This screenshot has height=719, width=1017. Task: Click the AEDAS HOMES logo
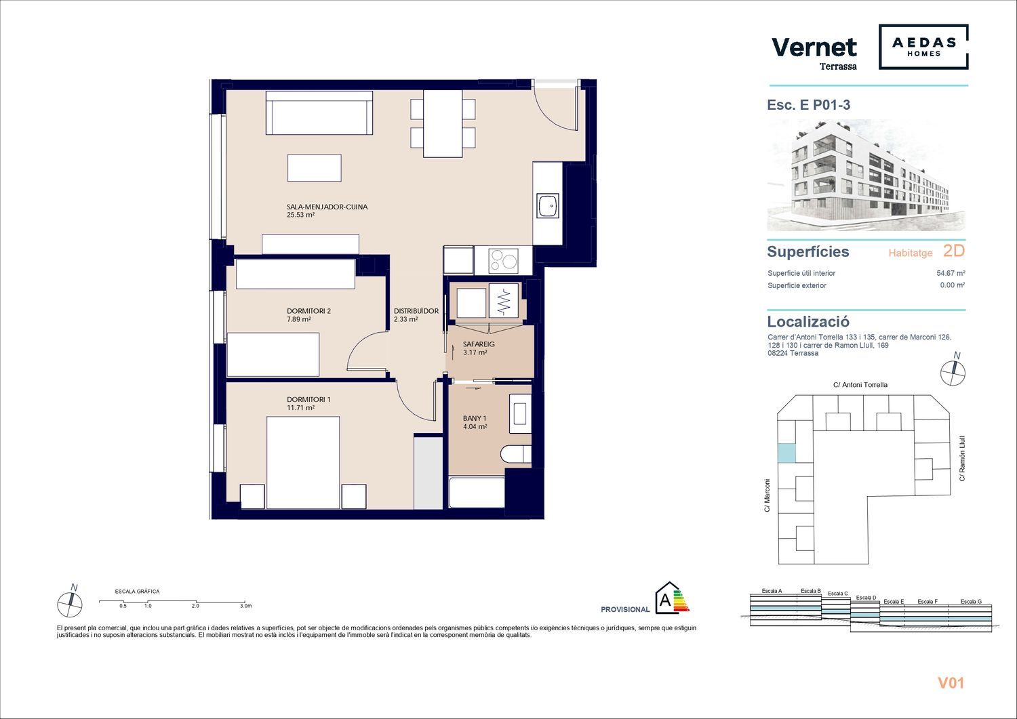click(x=923, y=47)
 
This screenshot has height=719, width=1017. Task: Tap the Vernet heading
click(x=814, y=47)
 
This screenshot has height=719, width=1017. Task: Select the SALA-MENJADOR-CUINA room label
click(x=327, y=207)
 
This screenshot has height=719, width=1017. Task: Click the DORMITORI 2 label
click(x=308, y=311)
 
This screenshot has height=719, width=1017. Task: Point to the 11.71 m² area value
click(x=300, y=408)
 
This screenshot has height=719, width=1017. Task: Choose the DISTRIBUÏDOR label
click(x=416, y=311)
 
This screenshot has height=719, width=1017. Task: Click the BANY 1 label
click(x=475, y=418)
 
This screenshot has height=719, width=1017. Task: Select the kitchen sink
click(x=548, y=205)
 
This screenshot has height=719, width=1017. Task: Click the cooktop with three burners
click(x=503, y=260)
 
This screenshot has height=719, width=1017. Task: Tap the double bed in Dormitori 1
click(x=303, y=463)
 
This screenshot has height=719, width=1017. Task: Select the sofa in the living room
click(x=319, y=112)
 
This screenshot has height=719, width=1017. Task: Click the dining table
click(x=443, y=123)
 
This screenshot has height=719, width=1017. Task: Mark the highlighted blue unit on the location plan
click(x=786, y=453)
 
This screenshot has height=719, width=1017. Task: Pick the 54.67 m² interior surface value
click(x=951, y=273)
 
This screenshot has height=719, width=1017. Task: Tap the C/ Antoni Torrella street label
click(x=860, y=385)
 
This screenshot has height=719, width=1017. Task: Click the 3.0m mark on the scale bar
click(x=245, y=606)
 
